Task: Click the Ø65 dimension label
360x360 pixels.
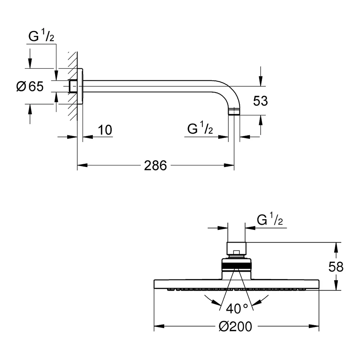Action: pos(30,86)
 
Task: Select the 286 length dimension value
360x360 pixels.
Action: pos(156,165)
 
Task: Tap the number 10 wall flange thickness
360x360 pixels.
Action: pos(105,130)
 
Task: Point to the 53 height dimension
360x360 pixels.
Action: pos(260,101)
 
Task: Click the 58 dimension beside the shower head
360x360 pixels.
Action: pos(336,267)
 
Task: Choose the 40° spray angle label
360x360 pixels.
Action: pos(237,309)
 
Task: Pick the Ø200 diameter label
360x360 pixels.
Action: pos(235,327)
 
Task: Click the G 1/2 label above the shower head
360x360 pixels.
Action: pos(270,219)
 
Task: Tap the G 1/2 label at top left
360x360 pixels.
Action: pos(41,36)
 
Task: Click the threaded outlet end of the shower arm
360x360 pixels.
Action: pos(234,111)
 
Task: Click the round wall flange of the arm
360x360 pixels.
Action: pos(80,86)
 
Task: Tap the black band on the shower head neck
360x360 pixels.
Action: pos(237,266)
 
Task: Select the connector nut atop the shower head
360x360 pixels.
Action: pos(237,248)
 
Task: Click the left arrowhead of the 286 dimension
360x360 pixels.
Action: pos(82,165)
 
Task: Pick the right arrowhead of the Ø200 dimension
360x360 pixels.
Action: pos(314,327)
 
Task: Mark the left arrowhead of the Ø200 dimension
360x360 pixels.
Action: pos(159,327)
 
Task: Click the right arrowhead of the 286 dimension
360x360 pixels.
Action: pos(229,165)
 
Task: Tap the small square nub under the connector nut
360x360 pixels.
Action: pos(236,253)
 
